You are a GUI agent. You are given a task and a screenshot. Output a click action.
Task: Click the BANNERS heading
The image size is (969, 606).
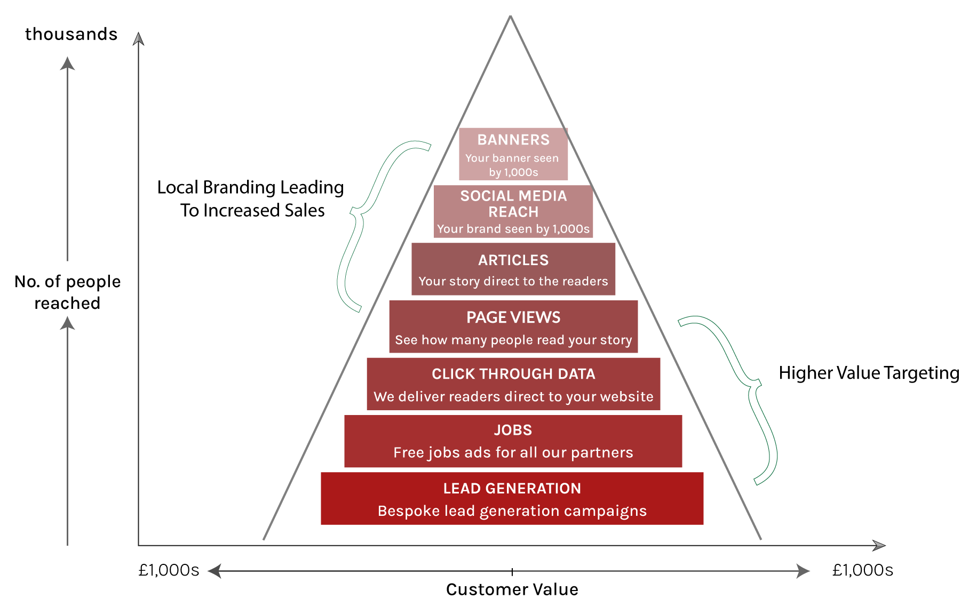pyautogui.click(x=513, y=140)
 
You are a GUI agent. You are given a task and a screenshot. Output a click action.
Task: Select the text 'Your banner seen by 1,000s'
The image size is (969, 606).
pyautogui.click(x=513, y=165)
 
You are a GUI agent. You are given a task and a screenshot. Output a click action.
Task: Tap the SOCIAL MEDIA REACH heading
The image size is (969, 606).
pyautogui.click(x=513, y=204)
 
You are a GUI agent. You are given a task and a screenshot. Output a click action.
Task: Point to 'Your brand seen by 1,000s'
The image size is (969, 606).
pyautogui.click(x=513, y=229)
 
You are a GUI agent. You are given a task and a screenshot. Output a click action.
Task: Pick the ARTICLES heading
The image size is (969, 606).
pyautogui.click(x=513, y=260)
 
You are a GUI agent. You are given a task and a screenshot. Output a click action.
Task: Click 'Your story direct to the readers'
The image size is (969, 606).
pyautogui.click(x=513, y=281)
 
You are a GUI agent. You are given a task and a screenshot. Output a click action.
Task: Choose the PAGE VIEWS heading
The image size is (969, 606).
pyautogui.click(x=513, y=317)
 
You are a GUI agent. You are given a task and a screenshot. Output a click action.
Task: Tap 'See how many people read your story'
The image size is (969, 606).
pyautogui.click(x=513, y=340)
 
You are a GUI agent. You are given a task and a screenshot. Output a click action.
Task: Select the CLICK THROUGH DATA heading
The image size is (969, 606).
pyautogui.click(x=513, y=374)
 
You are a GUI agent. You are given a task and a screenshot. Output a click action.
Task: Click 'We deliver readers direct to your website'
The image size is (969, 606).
pyautogui.click(x=513, y=396)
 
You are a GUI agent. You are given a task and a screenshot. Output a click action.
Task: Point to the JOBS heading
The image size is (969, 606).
pyautogui.click(x=513, y=430)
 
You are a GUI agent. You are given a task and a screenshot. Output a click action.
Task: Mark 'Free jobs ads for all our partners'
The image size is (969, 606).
pyautogui.click(x=513, y=452)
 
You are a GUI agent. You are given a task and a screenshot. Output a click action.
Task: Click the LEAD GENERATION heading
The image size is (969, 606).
pyautogui.click(x=512, y=488)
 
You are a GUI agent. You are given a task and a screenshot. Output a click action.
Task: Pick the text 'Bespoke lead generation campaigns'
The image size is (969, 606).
pyautogui.click(x=512, y=511)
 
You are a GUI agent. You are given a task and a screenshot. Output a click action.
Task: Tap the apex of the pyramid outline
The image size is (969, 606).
pyautogui.click(x=511, y=17)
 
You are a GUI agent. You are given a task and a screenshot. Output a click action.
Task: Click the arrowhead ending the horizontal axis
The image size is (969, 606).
pyautogui.click(x=878, y=545)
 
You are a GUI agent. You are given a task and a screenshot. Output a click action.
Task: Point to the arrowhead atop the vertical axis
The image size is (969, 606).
pyautogui.click(x=139, y=39)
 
